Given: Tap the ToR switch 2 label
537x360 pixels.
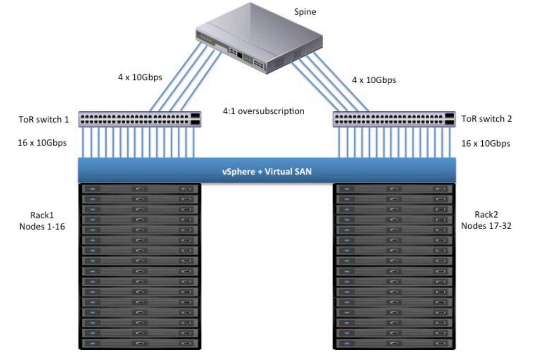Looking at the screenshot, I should click(486, 119).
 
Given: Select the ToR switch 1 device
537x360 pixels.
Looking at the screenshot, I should click(139, 119).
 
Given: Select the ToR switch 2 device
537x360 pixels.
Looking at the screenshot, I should click(394, 119).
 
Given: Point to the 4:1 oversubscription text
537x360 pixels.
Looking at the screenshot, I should click(264, 111).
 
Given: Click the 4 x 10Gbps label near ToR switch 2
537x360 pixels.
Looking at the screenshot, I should click(374, 80).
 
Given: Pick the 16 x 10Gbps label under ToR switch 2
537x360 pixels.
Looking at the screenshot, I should click(486, 143).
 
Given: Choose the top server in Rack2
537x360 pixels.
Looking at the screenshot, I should click(394, 189).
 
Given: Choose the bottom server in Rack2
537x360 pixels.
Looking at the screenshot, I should click(394, 344).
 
